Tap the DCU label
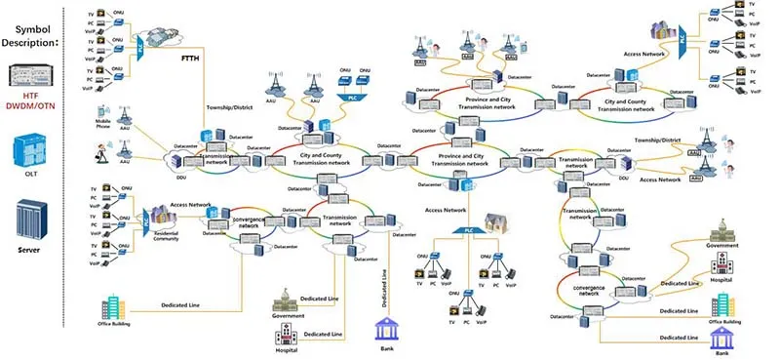[x=624, y=177]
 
